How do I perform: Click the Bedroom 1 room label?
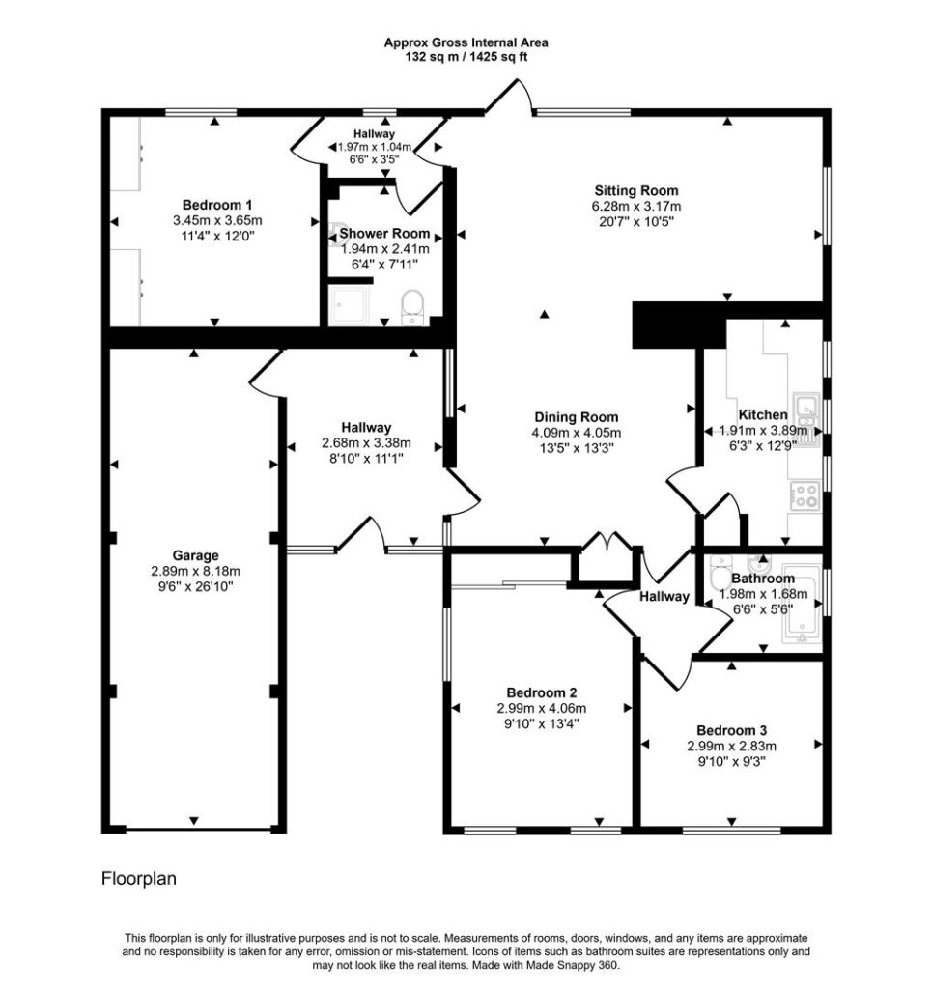pyautogui.click(x=217, y=205)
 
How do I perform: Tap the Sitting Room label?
pyautogui.click(x=636, y=190)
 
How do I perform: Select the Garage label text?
pyautogui.click(x=195, y=555)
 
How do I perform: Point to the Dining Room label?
pyautogui.click(x=577, y=417)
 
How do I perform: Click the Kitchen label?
pyautogui.click(x=763, y=415)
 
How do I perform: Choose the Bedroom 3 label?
pyautogui.click(x=731, y=730)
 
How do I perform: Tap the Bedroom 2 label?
pyautogui.click(x=542, y=692)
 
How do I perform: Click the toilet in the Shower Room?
pyautogui.click(x=412, y=307)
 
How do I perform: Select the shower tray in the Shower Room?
pyautogui.click(x=349, y=305)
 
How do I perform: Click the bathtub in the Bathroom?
pyautogui.click(x=803, y=605)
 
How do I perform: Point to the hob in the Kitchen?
pyautogui.click(x=804, y=495)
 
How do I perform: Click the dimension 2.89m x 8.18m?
pyautogui.click(x=195, y=572)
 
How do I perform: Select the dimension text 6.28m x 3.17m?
pyautogui.click(x=636, y=207)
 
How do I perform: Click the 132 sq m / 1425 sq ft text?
pyautogui.click(x=466, y=57)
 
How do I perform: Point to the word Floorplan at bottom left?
pyautogui.click(x=139, y=879)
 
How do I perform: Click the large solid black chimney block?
pyautogui.click(x=679, y=325)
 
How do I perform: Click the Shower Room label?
pyautogui.click(x=384, y=234)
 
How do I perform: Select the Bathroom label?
pyautogui.click(x=763, y=579)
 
